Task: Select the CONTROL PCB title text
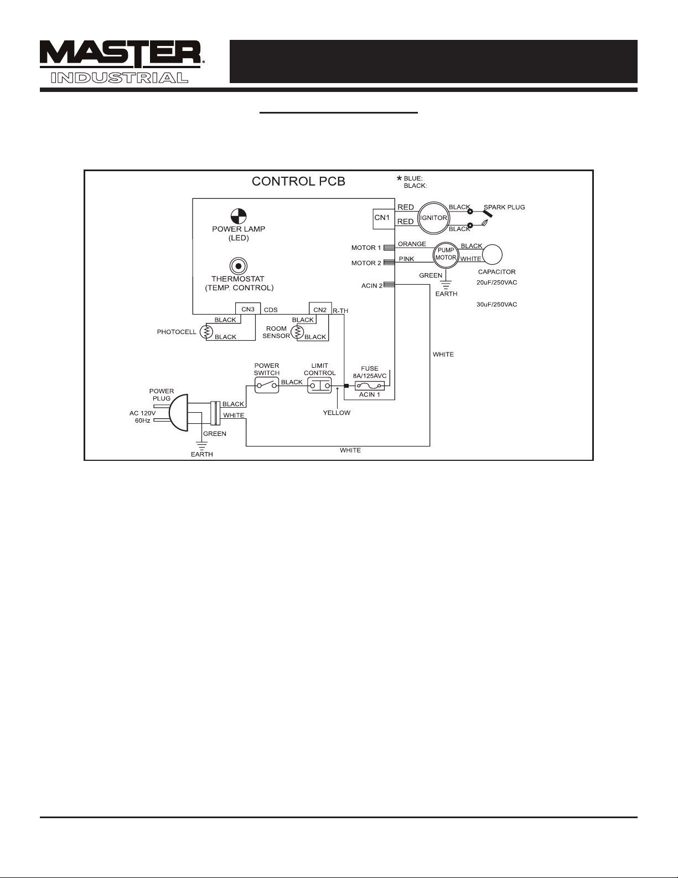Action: click(298, 182)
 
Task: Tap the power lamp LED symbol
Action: click(239, 216)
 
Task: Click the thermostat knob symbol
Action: click(239, 266)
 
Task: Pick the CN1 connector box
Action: click(384, 219)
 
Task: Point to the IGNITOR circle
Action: click(433, 218)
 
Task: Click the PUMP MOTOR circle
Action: click(446, 255)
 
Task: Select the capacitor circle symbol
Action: click(493, 255)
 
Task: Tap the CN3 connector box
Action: click(248, 309)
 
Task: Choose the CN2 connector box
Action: click(320, 309)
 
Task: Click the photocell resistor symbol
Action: click(206, 332)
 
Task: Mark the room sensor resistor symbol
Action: click(297, 332)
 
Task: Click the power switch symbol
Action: click(267, 386)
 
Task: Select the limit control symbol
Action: click(319, 386)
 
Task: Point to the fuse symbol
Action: click(369, 386)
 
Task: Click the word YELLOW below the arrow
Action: click(337, 413)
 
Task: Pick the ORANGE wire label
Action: click(412, 244)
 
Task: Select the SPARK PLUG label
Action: click(504, 207)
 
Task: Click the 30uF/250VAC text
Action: click(497, 305)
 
